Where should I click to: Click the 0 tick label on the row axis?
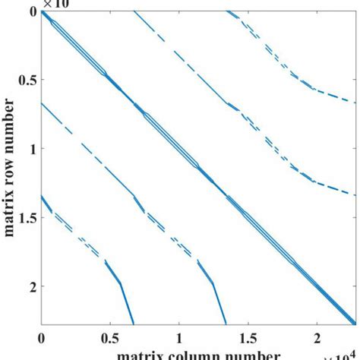coord(30,12)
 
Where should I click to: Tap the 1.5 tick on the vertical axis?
coord(25,219)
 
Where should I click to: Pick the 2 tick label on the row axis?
coord(30,287)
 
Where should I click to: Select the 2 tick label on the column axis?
coord(316,335)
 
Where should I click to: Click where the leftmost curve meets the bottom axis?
coord(134,324)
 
